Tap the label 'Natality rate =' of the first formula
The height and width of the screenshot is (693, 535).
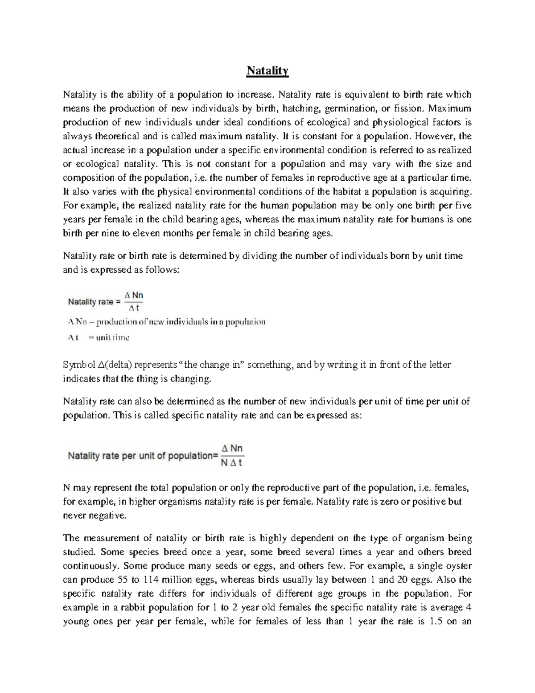click(94, 302)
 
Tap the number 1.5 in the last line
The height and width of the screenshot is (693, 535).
click(434, 621)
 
